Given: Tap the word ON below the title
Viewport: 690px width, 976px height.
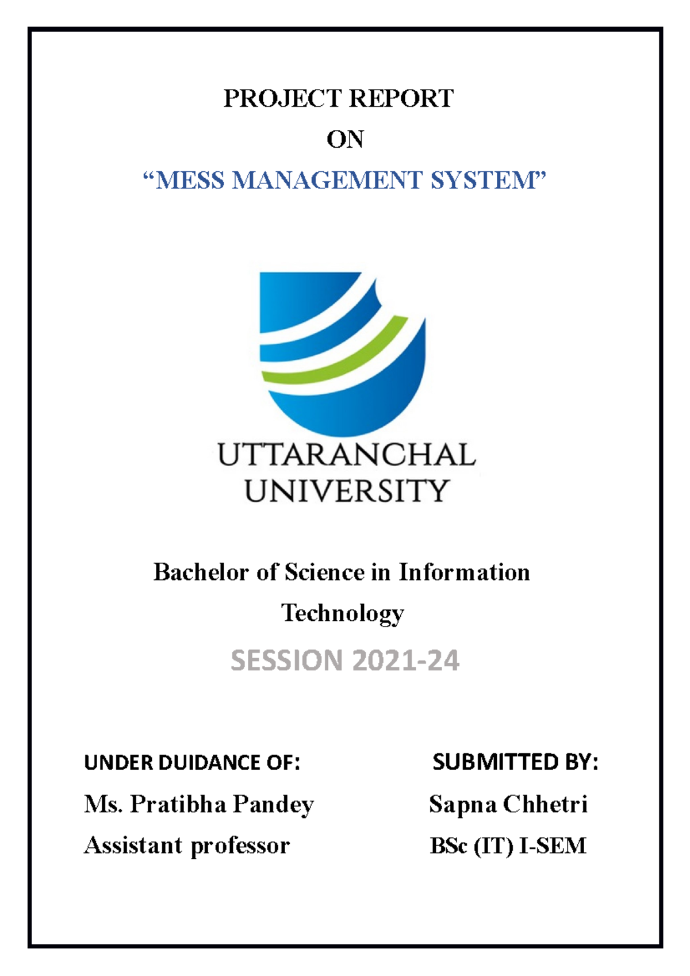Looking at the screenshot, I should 345,140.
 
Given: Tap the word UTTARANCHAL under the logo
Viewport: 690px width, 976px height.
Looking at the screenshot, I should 346,455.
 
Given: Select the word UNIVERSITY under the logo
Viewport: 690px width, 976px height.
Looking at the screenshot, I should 346,491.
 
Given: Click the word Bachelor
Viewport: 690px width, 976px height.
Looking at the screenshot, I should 201,572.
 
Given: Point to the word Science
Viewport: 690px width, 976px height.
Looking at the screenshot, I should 324,572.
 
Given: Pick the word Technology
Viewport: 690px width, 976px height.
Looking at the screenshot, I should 343,613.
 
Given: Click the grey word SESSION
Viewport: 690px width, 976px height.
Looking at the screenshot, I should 286,660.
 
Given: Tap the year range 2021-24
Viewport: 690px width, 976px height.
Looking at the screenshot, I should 406,660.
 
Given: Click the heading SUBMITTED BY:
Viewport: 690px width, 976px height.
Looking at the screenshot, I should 515,762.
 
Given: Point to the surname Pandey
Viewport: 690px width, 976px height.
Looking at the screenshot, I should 273,805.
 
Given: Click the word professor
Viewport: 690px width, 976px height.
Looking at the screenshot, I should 240,846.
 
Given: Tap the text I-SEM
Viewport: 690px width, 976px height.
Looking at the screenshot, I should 553,846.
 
